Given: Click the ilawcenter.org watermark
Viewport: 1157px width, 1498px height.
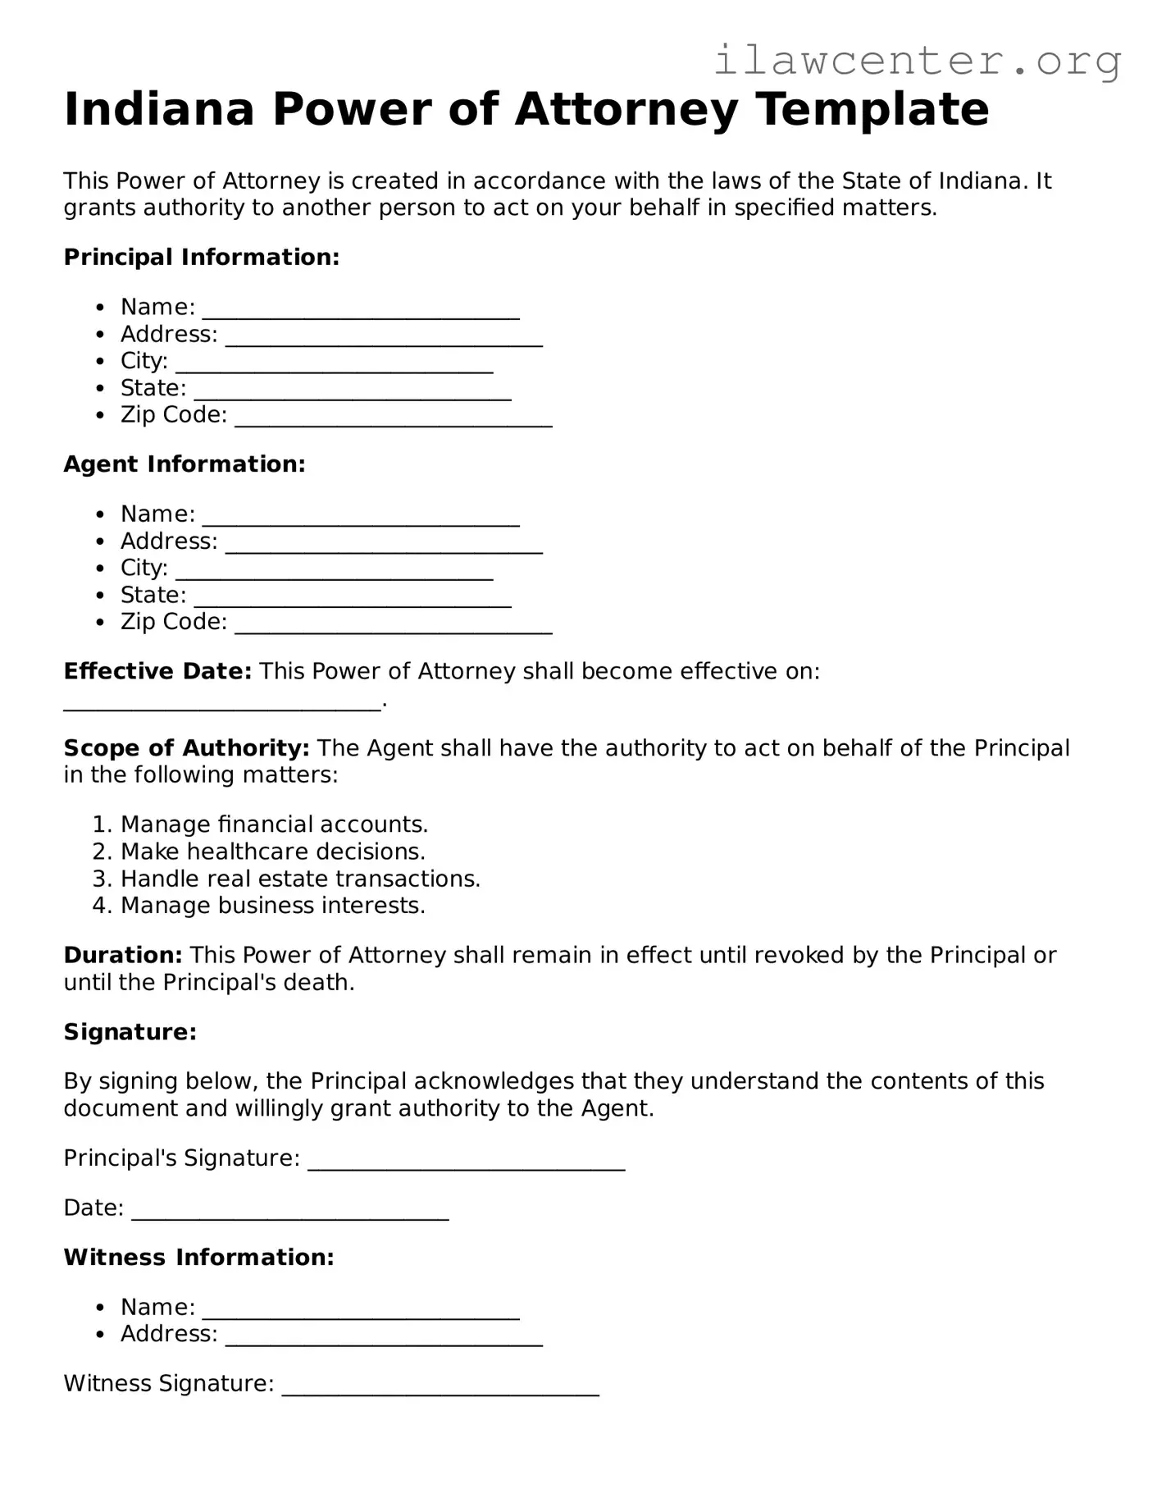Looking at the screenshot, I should tap(917, 61).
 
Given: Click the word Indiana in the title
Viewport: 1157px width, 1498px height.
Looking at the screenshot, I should tap(159, 109).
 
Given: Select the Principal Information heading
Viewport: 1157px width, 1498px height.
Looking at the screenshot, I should tap(201, 258).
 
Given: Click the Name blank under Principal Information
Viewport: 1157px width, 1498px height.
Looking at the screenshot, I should tap(361, 310).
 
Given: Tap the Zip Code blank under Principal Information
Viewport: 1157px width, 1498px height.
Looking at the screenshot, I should tap(394, 418).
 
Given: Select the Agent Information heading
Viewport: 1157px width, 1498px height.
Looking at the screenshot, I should tap(184, 464).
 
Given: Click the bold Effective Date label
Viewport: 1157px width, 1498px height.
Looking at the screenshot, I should tap(157, 671).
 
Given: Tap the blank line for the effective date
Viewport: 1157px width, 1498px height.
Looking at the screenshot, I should tap(222, 702).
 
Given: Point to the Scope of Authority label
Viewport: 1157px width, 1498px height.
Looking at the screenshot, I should tap(186, 748).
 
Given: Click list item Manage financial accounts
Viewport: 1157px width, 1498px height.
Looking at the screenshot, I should tap(274, 824).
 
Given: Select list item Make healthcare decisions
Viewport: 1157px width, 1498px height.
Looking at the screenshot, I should tap(272, 852).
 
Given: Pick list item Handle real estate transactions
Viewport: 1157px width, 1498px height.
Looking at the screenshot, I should tap(300, 879).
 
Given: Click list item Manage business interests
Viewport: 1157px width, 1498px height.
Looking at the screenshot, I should tap(272, 906).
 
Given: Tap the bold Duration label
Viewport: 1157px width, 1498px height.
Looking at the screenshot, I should tap(123, 955).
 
